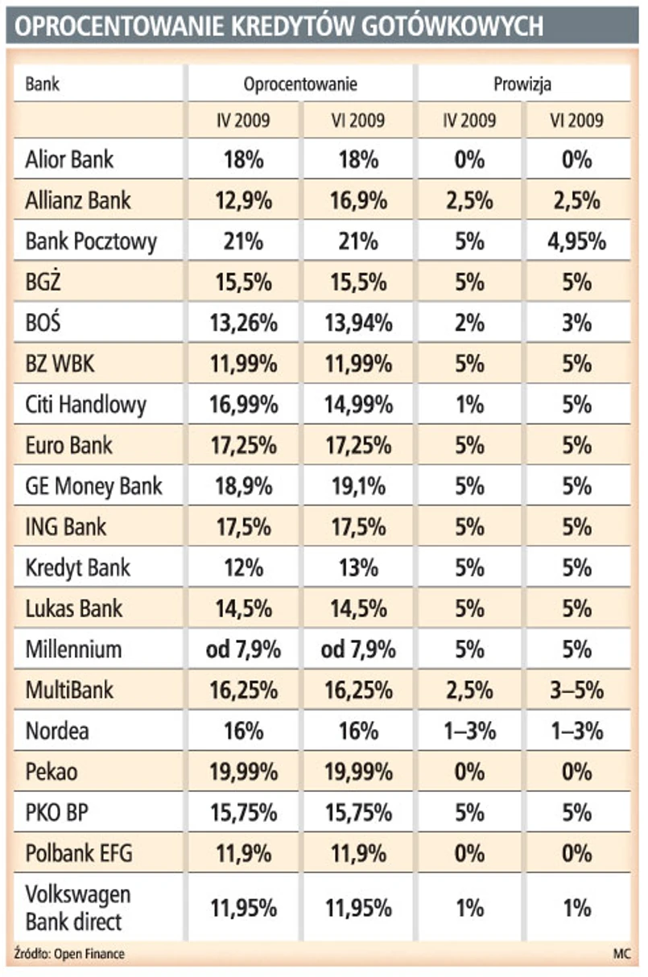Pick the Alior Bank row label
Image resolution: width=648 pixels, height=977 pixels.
point(69,159)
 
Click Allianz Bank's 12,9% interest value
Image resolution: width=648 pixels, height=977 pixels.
point(243,200)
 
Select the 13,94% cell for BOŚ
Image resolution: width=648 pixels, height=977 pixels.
point(358,324)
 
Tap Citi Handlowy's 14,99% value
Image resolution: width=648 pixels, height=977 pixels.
point(358,405)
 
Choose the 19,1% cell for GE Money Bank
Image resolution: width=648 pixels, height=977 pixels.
point(358,487)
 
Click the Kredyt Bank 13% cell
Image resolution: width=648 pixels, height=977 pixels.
point(358,568)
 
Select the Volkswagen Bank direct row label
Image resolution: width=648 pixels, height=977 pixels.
point(78,909)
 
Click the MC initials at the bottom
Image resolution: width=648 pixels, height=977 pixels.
point(621,955)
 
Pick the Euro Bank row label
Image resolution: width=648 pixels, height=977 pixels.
point(69,446)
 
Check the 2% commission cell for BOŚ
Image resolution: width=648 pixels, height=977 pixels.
point(469,324)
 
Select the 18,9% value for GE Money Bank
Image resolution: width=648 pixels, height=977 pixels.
point(243,487)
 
